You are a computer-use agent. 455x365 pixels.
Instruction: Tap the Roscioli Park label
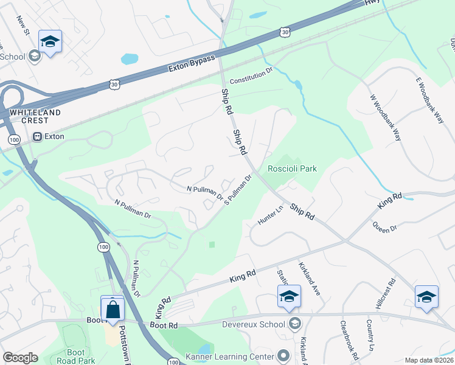[293, 169]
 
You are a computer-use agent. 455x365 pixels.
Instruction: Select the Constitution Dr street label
[251, 77]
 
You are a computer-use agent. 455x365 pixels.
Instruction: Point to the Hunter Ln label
[271, 215]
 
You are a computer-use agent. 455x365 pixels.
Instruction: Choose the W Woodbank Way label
[385, 118]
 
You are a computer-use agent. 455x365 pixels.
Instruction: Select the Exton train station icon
[38, 137]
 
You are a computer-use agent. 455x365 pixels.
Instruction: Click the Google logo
[20, 358]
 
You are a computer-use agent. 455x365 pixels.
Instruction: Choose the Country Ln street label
[369, 335]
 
